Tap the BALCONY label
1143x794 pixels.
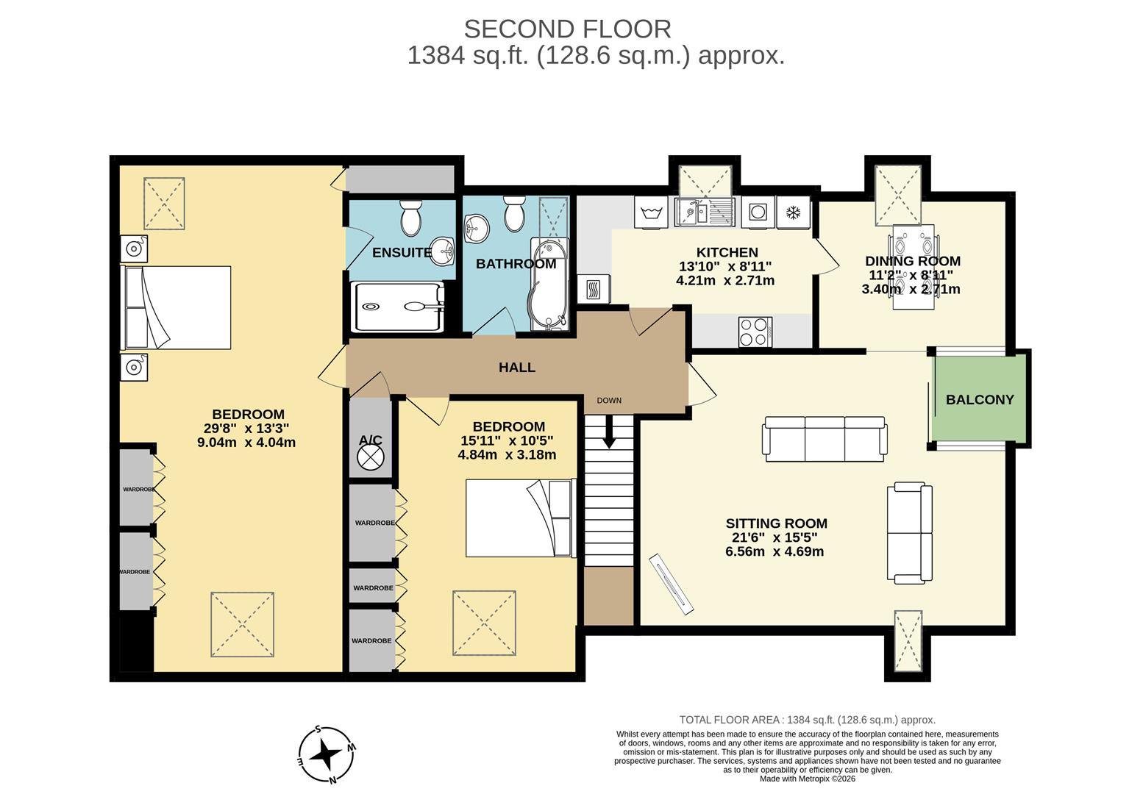coord(979,400)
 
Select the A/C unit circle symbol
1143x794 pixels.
coord(370,457)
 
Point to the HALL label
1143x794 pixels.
coord(516,368)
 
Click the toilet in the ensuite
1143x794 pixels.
coord(410,215)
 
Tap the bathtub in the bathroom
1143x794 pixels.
coord(547,283)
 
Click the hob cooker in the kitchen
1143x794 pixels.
coord(755,331)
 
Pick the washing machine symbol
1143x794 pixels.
coord(650,213)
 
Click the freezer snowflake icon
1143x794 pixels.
coord(793,213)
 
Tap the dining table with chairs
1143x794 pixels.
coord(913,267)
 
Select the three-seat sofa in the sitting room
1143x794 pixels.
coord(825,439)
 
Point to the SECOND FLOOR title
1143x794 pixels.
coord(567,29)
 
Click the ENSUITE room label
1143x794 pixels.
coord(402,253)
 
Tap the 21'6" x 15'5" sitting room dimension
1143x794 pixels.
coord(776,537)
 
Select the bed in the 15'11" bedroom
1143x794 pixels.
coord(519,518)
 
